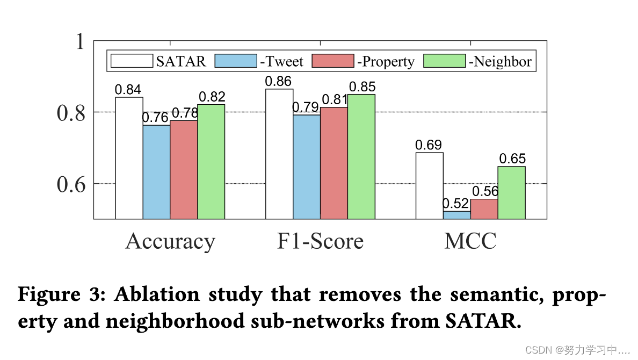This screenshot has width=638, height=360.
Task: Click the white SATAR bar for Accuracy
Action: click(129, 158)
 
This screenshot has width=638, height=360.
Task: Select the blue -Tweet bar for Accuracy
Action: click(156, 172)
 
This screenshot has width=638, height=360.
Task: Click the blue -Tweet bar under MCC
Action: click(456, 215)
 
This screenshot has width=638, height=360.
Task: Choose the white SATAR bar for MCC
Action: click(430, 185)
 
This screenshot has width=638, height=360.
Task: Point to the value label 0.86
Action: click(278, 82)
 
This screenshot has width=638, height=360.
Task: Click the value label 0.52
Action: click(455, 204)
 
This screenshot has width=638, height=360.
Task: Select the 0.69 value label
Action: click(429, 145)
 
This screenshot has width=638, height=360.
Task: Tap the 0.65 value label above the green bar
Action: click(512, 159)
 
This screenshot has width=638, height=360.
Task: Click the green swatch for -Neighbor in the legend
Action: click(444, 61)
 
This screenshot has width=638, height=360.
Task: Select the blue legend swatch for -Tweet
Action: click(236, 61)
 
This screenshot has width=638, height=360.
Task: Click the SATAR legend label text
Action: click(181, 62)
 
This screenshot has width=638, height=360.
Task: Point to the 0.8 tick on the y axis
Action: click(71, 113)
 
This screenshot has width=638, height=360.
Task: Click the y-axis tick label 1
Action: click(80, 41)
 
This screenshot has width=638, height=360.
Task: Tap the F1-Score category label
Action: click(320, 242)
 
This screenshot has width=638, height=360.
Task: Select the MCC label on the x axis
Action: click(470, 242)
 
